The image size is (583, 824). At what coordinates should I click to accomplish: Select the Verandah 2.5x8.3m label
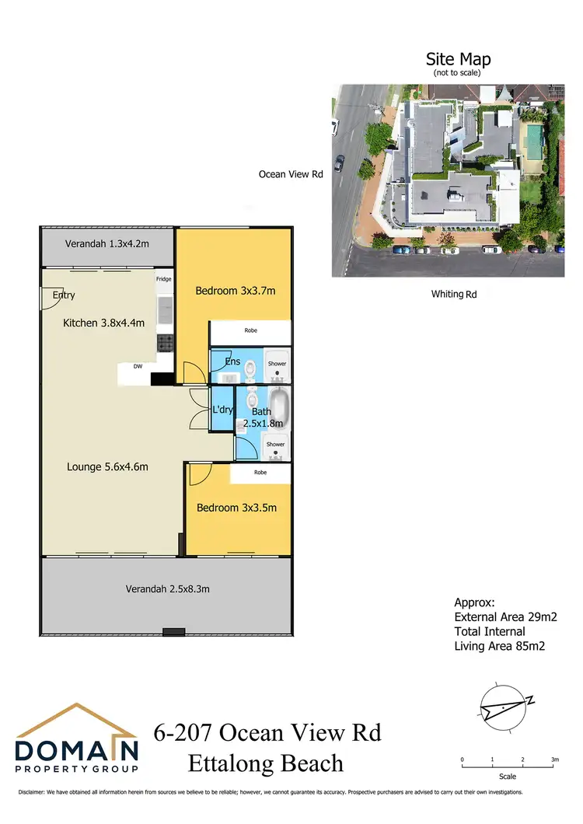[167, 588]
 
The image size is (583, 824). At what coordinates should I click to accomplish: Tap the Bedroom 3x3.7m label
[236, 291]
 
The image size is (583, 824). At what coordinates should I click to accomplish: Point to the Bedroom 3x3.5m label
[236, 508]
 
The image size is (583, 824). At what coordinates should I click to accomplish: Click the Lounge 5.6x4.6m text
[107, 466]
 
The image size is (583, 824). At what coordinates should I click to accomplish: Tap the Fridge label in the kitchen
[163, 279]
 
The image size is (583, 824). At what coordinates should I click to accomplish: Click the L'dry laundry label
[223, 410]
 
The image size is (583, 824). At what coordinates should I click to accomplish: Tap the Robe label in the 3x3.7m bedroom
[250, 330]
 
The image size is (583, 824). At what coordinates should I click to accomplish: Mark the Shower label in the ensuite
[277, 363]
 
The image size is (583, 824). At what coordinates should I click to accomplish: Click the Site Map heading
[458, 59]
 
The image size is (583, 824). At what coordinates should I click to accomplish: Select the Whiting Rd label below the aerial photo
[454, 294]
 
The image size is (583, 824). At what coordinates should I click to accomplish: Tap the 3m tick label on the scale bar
[553, 759]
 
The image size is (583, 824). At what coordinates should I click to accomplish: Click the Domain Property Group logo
[77, 739]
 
